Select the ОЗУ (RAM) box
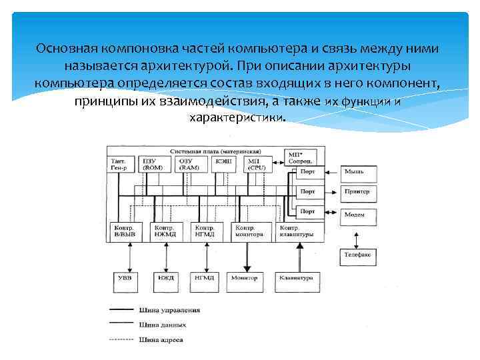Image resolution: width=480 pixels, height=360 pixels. point(189,165)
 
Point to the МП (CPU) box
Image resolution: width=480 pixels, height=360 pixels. point(255,165)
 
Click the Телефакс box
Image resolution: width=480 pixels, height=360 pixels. point(359,255)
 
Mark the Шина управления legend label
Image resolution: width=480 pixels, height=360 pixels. point(171,310)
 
